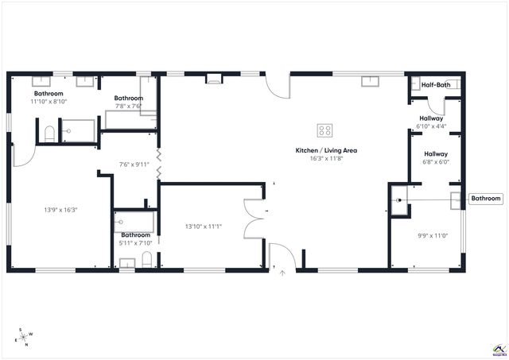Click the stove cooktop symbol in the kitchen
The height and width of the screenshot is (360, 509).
coord(324,130)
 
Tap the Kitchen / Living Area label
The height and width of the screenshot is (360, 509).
coord(316,149)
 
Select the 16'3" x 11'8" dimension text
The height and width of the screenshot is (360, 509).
coord(316,158)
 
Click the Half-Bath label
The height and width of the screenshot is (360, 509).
coord(437,84)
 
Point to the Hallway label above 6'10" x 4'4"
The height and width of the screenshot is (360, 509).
coord(432,118)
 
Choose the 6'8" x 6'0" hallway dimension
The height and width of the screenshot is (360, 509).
coord(435,162)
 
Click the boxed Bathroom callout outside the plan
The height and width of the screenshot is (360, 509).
coord(486,199)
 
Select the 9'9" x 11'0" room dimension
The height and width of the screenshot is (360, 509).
coord(433,234)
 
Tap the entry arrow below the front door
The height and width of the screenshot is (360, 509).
coord(282,273)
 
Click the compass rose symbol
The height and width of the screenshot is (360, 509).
coord(23,337)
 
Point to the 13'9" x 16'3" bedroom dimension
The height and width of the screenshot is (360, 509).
coord(60,210)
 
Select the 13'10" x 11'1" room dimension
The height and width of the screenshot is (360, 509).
coord(203,226)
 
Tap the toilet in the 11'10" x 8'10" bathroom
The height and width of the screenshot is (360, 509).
coord(49,134)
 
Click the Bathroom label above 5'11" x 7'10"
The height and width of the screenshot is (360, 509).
coord(135,234)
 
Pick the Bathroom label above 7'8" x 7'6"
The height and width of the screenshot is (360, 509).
coord(128,98)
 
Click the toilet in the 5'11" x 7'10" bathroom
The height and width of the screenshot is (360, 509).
coord(147,259)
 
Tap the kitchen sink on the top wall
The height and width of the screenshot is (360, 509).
coord(371,80)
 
